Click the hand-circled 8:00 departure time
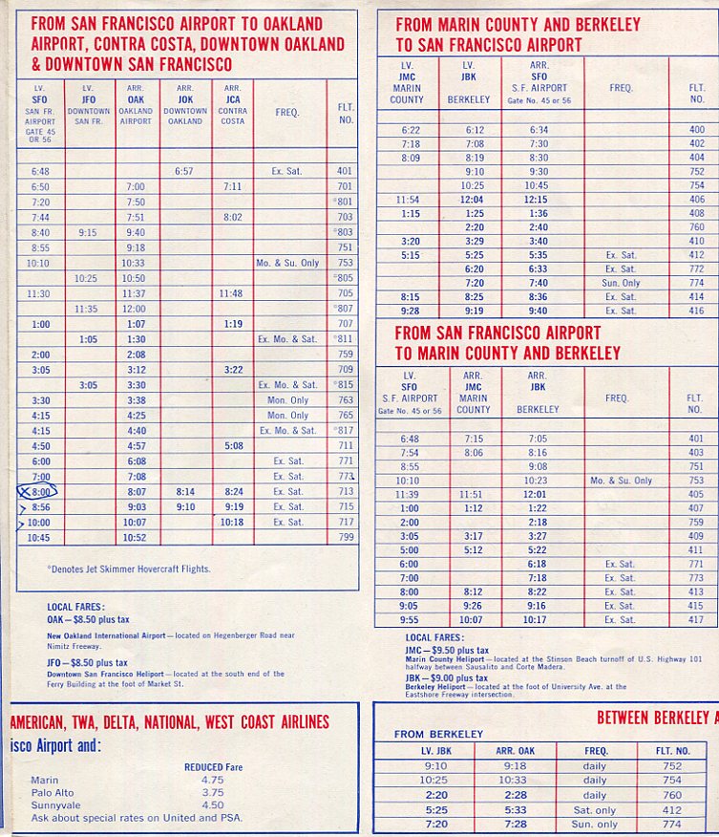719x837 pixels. pyautogui.click(x=40, y=491)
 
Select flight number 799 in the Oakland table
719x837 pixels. pyautogui.click(x=345, y=538)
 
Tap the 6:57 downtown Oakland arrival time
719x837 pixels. pyautogui.click(x=185, y=171)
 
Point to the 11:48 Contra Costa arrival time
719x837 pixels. pyautogui.click(x=233, y=293)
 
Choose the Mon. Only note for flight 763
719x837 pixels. pyautogui.click(x=287, y=400)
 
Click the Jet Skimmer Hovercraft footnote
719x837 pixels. pyautogui.click(x=129, y=569)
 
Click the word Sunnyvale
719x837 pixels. pyautogui.click(x=54, y=805)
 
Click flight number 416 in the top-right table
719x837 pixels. pyautogui.click(x=696, y=311)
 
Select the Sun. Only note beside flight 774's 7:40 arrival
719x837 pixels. pyautogui.click(x=622, y=283)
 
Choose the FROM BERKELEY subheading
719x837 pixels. pyautogui.click(x=438, y=734)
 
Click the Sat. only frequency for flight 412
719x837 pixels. pyautogui.click(x=594, y=810)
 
